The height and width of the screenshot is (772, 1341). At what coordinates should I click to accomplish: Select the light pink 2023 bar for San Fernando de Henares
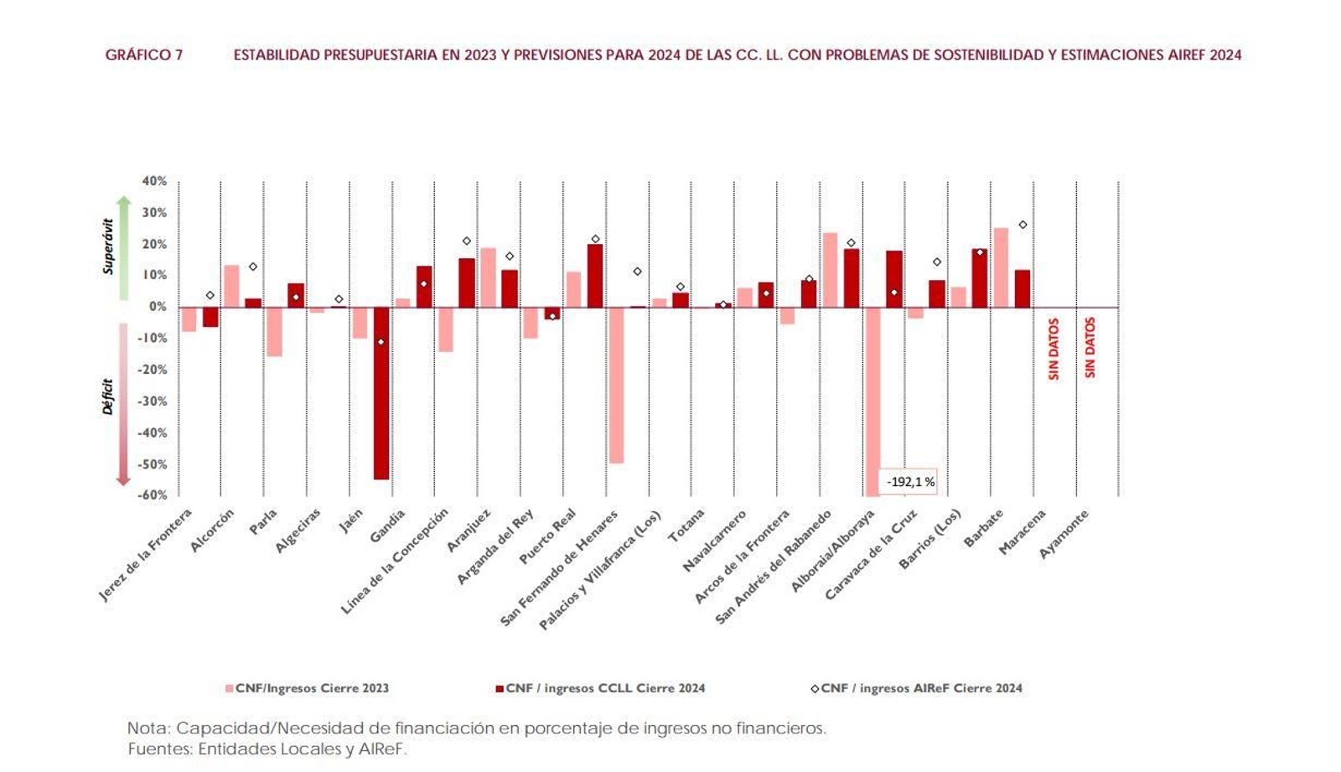point(616,385)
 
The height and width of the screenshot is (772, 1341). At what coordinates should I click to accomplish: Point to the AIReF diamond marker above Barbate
point(1023,225)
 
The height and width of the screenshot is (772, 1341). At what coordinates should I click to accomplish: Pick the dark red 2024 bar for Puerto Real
point(595,276)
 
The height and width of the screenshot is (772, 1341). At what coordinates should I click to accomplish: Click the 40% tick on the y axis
point(154,181)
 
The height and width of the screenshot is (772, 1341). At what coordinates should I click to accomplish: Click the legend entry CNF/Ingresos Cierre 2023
point(307,688)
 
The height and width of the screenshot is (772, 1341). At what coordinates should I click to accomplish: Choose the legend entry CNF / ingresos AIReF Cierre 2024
point(917,688)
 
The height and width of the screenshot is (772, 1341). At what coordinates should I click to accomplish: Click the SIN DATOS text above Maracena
point(1054,349)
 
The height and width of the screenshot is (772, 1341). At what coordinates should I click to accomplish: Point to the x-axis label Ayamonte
point(1064,534)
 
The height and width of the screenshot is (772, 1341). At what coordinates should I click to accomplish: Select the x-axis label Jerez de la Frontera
point(146,554)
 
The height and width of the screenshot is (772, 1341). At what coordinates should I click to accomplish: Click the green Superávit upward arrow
point(123,247)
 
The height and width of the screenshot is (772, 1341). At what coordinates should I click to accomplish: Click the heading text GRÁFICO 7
point(143,55)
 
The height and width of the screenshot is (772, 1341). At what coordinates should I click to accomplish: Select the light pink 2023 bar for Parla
point(274,331)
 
